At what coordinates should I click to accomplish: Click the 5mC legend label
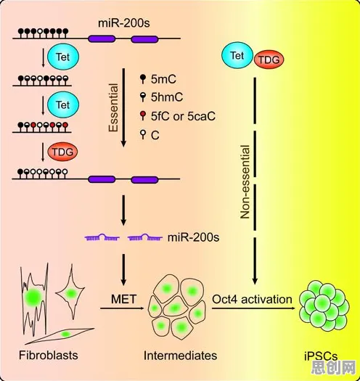coord(163,79)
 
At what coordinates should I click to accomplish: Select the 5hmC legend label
coord(167,97)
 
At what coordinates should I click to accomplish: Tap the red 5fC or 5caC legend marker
coord(143,115)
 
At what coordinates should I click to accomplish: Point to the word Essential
coord(113,107)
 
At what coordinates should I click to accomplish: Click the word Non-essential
coord(245,181)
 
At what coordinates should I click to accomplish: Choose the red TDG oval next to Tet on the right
coord(269,60)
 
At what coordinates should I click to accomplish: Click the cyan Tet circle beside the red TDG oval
coord(237,55)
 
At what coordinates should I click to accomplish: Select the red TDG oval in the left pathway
coord(62,152)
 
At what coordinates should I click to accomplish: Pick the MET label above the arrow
coord(123,299)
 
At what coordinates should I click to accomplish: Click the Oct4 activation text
coord(252,299)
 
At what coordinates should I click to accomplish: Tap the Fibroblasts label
coord(49,356)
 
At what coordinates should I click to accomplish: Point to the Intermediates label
coord(181,356)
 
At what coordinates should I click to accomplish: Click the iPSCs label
coord(321,356)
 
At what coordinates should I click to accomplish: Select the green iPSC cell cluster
coord(324,306)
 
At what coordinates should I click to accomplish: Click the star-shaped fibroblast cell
coord(70,292)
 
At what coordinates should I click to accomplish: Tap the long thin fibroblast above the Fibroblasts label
coord(60,336)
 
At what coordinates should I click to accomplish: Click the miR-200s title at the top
coord(124,23)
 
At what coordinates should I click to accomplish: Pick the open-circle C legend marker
coord(143,134)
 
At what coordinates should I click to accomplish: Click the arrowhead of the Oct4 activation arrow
coord(292,308)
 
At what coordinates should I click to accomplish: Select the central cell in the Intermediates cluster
coord(174,308)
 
